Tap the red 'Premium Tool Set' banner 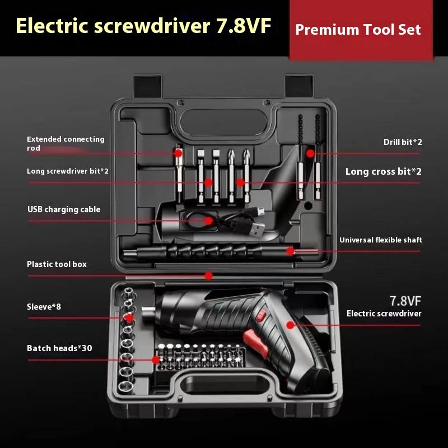click(x=358, y=30)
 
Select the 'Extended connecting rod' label click(x=66, y=143)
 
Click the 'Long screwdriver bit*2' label click(x=68, y=171)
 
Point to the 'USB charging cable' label click(x=64, y=209)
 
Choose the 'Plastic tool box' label click(x=57, y=264)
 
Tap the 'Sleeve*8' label click(x=44, y=307)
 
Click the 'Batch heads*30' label click(x=59, y=348)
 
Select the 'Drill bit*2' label click(x=403, y=142)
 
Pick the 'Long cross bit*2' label click(x=383, y=172)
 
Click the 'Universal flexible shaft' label click(x=381, y=240)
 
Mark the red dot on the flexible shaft click(x=290, y=251)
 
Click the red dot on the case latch click(x=208, y=276)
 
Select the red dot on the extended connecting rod click(x=179, y=152)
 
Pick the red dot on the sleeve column click(x=129, y=318)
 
